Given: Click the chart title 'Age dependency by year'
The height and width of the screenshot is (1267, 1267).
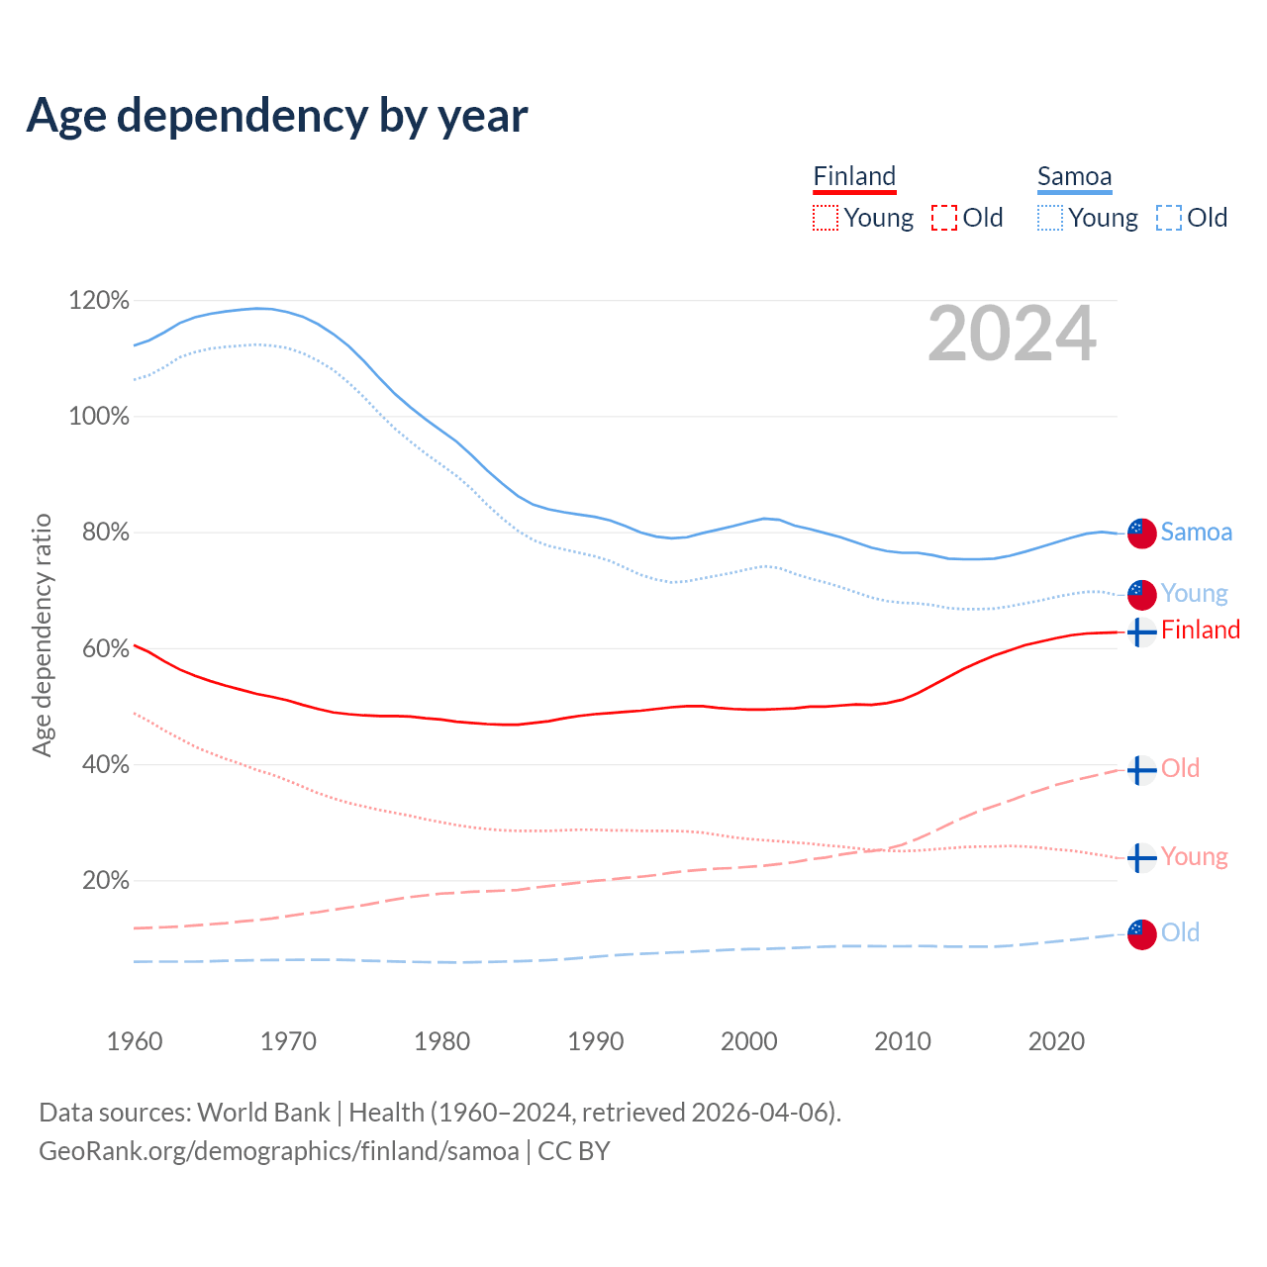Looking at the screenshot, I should [x=277, y=115].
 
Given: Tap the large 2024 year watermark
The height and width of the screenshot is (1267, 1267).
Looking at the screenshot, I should [x=1012, y=334].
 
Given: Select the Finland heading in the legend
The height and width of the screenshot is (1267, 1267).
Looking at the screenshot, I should [x=854, y=177].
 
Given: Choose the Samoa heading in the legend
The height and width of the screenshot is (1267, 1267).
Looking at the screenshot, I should [x=1074, y=177].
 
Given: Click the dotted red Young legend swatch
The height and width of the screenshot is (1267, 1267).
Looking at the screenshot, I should [x=826, y=218].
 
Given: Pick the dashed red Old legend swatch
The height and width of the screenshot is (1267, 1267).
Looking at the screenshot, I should [x=944, y=218].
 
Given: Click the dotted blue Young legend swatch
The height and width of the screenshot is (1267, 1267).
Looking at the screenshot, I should [x=1050, y=218].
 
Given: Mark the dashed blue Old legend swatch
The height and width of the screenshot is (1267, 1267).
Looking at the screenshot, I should [x=1169, y=218].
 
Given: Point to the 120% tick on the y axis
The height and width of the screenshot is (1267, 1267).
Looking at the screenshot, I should [x=99, y=300].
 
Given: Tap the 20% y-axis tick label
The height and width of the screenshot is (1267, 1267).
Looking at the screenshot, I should [x=105, y=880].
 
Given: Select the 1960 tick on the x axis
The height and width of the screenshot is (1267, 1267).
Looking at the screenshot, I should [x=135, y=1041].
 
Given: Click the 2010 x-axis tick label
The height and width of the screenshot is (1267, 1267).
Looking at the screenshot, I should [x=903, y=1041].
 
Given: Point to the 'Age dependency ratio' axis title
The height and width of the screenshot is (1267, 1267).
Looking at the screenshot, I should [x=42, y=634].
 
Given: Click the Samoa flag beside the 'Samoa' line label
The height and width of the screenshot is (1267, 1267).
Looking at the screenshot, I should [x=1142, y=533].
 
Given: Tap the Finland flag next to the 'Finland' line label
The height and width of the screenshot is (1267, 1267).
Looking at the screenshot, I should [x=1142, y=632].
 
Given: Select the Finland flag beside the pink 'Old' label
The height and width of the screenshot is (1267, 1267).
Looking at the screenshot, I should [x=1142, y=769].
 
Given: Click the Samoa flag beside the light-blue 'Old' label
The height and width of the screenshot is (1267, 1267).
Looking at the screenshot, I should [x=1142, y=934].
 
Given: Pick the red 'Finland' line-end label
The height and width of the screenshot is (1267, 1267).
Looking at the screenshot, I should [x=1201, y=630].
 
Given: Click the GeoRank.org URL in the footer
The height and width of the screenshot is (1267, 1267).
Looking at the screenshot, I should [x=279, y=1151].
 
